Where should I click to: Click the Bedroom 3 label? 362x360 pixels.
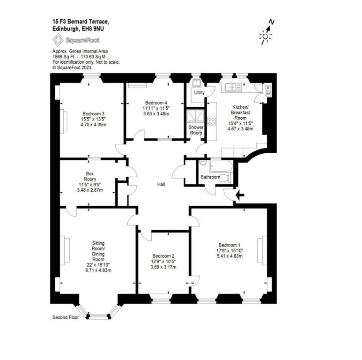[93, 114]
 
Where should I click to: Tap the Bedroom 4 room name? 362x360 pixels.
[156, 103]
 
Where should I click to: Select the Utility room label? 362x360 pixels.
[199, 93]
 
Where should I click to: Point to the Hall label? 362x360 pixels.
[161, 184]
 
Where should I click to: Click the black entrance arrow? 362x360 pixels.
[240, 196]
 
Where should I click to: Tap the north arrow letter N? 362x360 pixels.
[272, 22]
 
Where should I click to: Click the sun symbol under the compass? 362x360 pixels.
[265, 37]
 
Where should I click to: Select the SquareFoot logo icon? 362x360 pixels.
[58, 40]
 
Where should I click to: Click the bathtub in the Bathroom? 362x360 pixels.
[221, 166]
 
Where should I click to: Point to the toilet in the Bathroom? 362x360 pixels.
[225, 178]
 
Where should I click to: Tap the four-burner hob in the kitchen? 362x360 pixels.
[212, 121]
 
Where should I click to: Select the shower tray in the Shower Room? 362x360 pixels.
[195, 116]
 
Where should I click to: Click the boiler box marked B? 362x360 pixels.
[268, 88]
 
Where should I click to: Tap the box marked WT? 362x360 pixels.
[268, 94]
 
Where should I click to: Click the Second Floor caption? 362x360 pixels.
[66, 317]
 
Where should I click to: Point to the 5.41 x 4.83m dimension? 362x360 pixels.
[229, 256]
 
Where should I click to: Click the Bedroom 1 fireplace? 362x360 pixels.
[262, 249]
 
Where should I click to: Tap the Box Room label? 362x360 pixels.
[90, 176]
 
